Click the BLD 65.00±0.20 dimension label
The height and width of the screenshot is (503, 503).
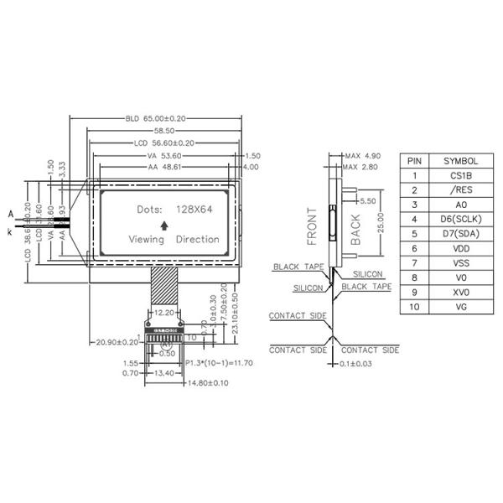click(156, 118)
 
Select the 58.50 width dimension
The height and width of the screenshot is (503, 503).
click(163, 131)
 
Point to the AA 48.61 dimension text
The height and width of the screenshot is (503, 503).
click(165, 168)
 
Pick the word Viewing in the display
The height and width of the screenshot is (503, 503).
click(147, 239)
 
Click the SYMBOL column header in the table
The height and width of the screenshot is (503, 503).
click(460, 160)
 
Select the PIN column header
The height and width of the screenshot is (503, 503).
click(414, 160)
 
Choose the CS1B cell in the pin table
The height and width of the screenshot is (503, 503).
click(460, 175)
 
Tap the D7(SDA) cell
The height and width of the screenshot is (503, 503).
click(460, 233)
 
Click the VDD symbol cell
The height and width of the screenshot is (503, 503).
click(460, 247)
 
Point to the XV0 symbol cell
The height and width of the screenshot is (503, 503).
click(460, 291)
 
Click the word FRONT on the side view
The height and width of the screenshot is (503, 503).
click(313, 225)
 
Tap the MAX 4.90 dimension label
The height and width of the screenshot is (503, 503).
click(362, 156)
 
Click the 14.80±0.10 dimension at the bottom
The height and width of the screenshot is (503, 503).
click(204, 383)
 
